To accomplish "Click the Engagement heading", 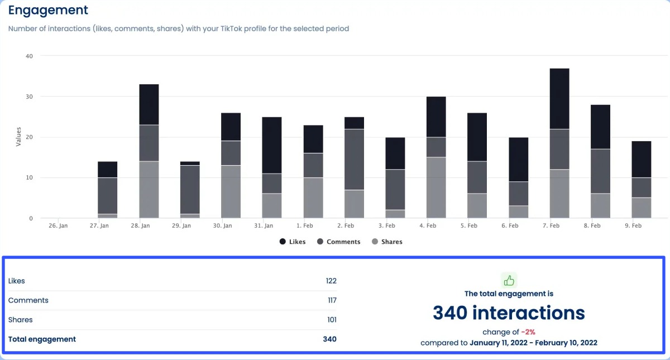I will (48, 10).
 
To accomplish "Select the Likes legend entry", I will (293, 242).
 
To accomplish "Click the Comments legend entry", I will (339, 242).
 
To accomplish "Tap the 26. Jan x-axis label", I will (59, 226).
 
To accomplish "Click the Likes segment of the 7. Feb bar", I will (559, 99).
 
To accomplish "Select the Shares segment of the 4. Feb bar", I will (436, 188).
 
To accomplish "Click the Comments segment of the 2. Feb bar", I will (354, 160).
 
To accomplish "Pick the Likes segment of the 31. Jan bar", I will (272, 145).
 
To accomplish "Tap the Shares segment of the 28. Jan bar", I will (149, 190).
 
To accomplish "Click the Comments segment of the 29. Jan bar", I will (190, 190).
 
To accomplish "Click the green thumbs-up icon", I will (509, 280).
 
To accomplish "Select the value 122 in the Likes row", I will (331, 281).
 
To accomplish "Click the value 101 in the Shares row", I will (331, 320).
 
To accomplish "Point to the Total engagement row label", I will (42, 339).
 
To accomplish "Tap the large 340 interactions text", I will (509, 313).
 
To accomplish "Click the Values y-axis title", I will (19, 137).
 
